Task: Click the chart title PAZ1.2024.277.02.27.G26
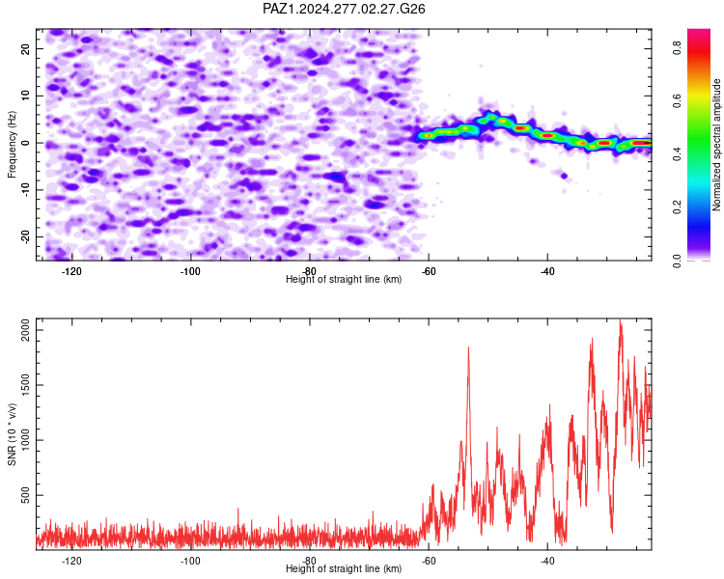click(344, 9)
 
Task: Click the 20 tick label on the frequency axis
click(25, 48)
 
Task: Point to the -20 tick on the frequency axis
click(25, 236)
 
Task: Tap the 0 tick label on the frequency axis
click(25, 143)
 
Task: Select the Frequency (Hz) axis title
click(12, 145)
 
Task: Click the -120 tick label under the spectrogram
click(71, 271)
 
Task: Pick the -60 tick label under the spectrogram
click(429, 271)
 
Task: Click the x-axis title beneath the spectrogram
click(344, 279)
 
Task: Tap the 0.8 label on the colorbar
click(677, 46)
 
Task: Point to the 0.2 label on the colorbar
click(677, 207)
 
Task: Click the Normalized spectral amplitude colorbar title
click(716, 145)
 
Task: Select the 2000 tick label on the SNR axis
click(25, 330)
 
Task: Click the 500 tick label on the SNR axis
click(25, 495)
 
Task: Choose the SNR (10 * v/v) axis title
click(12, 434)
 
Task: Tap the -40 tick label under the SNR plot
click(547, 562)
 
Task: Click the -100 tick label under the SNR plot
click(190, 562)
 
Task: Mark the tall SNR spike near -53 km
click(468, 348)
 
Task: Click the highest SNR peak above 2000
click(621, 320)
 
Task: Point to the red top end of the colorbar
click(699, 31)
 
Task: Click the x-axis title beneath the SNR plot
click(344, 568)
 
